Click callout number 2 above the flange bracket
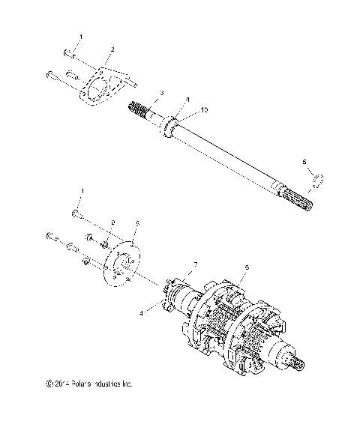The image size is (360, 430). pos(111,49)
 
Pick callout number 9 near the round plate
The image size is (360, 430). pos(113,222)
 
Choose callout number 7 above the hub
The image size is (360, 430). pos(196,265)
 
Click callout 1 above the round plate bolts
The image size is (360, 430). pos(82,192)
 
